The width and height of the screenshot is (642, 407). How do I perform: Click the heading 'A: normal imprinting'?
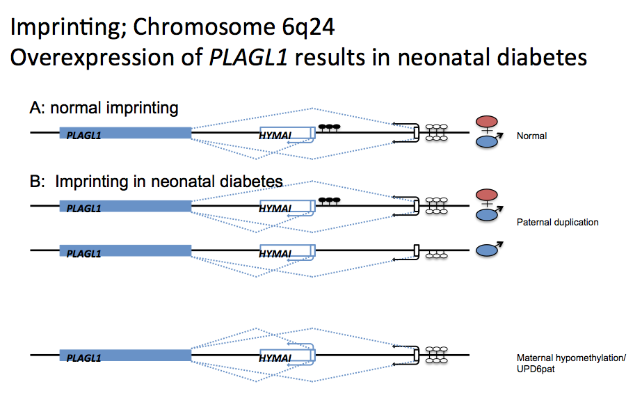pyautogui.click(x=104, y=108)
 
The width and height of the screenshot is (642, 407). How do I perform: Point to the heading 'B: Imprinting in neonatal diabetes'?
pyautogui.click(x=156, y=182)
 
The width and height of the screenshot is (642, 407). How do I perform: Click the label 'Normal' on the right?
pyautogui.click(x=531, y=136)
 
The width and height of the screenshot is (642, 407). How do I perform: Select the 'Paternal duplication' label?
pyautogui.click(x=557, y=223)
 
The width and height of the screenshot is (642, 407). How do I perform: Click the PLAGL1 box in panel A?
pyautogui.click(x=125, y=133)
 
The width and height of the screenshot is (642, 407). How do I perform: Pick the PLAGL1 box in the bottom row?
pyautogui.click(x=125, y=356)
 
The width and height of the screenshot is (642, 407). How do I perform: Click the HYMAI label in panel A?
pyautogui.click(x=275, y=134)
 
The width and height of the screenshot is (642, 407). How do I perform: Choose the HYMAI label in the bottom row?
pyautogui.click(x=275, y=358)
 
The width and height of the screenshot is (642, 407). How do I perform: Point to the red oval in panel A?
pyautogui.click(x=486, y=122)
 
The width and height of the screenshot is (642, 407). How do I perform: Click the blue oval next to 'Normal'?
pyautogui.click(x=487, y=142)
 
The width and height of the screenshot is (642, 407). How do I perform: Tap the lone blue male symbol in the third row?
pyautogui.click(x=488, y=250)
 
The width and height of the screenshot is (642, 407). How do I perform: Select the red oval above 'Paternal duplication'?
pyautogui.click(x=486, y=195)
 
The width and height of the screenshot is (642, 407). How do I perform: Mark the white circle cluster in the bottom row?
pyautogui.click(x=437, y=353)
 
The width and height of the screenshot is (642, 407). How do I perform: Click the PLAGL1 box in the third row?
pyautogui.click(x=125, y=250)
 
